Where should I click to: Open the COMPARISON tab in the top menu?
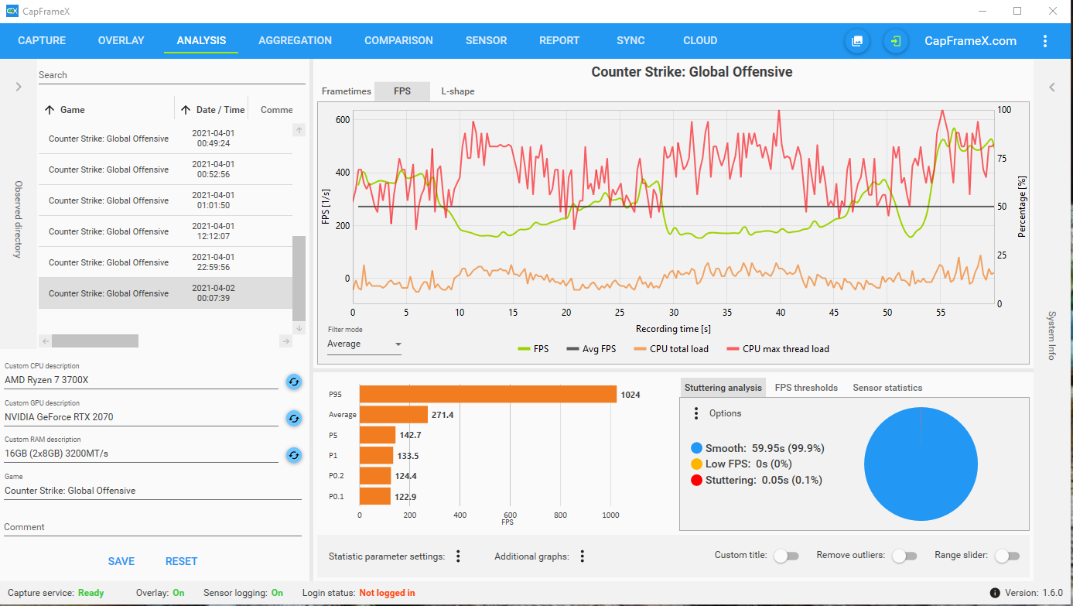(398, 41)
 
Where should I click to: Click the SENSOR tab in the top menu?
(486, 41)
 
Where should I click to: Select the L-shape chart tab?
(458, 91)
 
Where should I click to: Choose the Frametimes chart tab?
(347, 91)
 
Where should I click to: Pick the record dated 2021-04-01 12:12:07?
(166, 231)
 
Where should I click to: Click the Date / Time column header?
(220, 110)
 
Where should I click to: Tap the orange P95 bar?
(487, 394)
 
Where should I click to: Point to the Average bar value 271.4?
(443, 415)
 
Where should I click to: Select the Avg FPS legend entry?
(591, 349)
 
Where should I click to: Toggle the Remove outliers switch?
(904, 556)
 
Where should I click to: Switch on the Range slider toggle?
(1007, 556)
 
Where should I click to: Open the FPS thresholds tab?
(806, 388)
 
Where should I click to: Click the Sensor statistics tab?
(887, 388)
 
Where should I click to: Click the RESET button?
(181, 561)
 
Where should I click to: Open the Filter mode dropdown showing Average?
(364, 344)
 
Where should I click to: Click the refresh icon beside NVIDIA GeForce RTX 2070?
(294, 418)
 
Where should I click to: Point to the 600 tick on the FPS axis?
(343, 120)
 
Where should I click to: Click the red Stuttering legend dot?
(696, 480)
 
